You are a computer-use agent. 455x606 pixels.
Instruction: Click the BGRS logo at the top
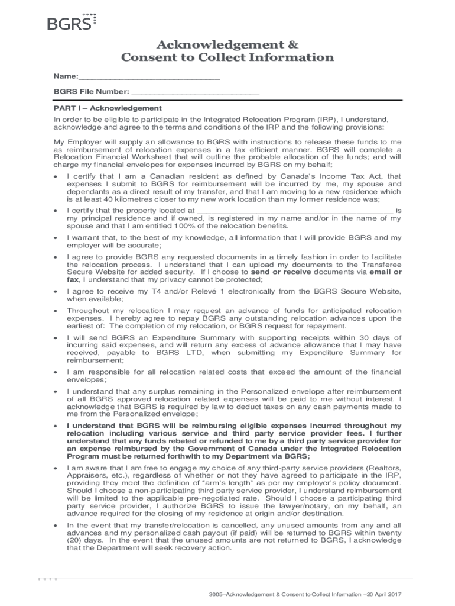pos(71,22)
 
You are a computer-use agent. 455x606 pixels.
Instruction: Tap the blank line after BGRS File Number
pos(195,92)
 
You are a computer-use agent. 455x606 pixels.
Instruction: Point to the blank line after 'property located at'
pos(294,210)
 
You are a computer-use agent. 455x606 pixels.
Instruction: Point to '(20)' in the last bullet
pos(76,540)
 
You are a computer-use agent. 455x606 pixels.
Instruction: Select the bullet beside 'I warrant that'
pos(56,238)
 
